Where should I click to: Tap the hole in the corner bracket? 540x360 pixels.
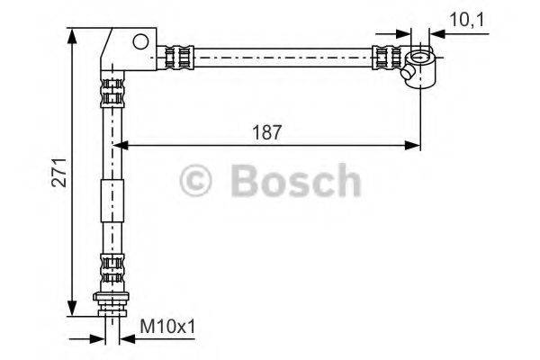[x=139, y=40]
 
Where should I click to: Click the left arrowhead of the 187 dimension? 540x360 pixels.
[x=119, y=143]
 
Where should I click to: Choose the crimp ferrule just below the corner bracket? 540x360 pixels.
[x=112, y=91]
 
